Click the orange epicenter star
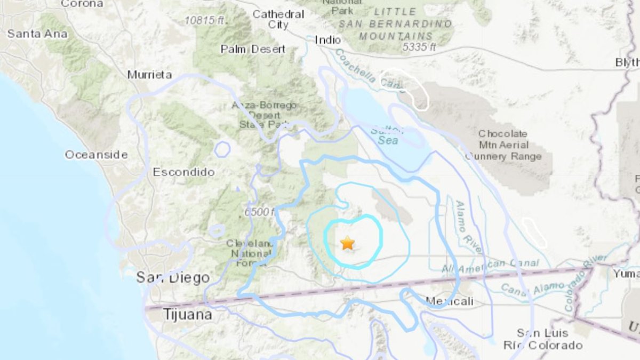pos(347,243)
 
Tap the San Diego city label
pos(172,277)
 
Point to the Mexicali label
pos(450,302)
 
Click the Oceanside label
pos(96,155)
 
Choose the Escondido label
pos(183,172)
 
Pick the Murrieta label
pos(149,75)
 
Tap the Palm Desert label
pos(253,49)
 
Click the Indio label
pos(327,40)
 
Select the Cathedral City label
pos(278,19)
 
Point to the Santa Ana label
pos(37,34)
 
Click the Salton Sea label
pos(385,135)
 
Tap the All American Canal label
pos(490,266)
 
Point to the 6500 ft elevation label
pos(259,212)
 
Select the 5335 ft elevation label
pos(419,47)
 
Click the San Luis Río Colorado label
pos(542,339)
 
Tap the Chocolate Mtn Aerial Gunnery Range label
pos(502,145)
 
